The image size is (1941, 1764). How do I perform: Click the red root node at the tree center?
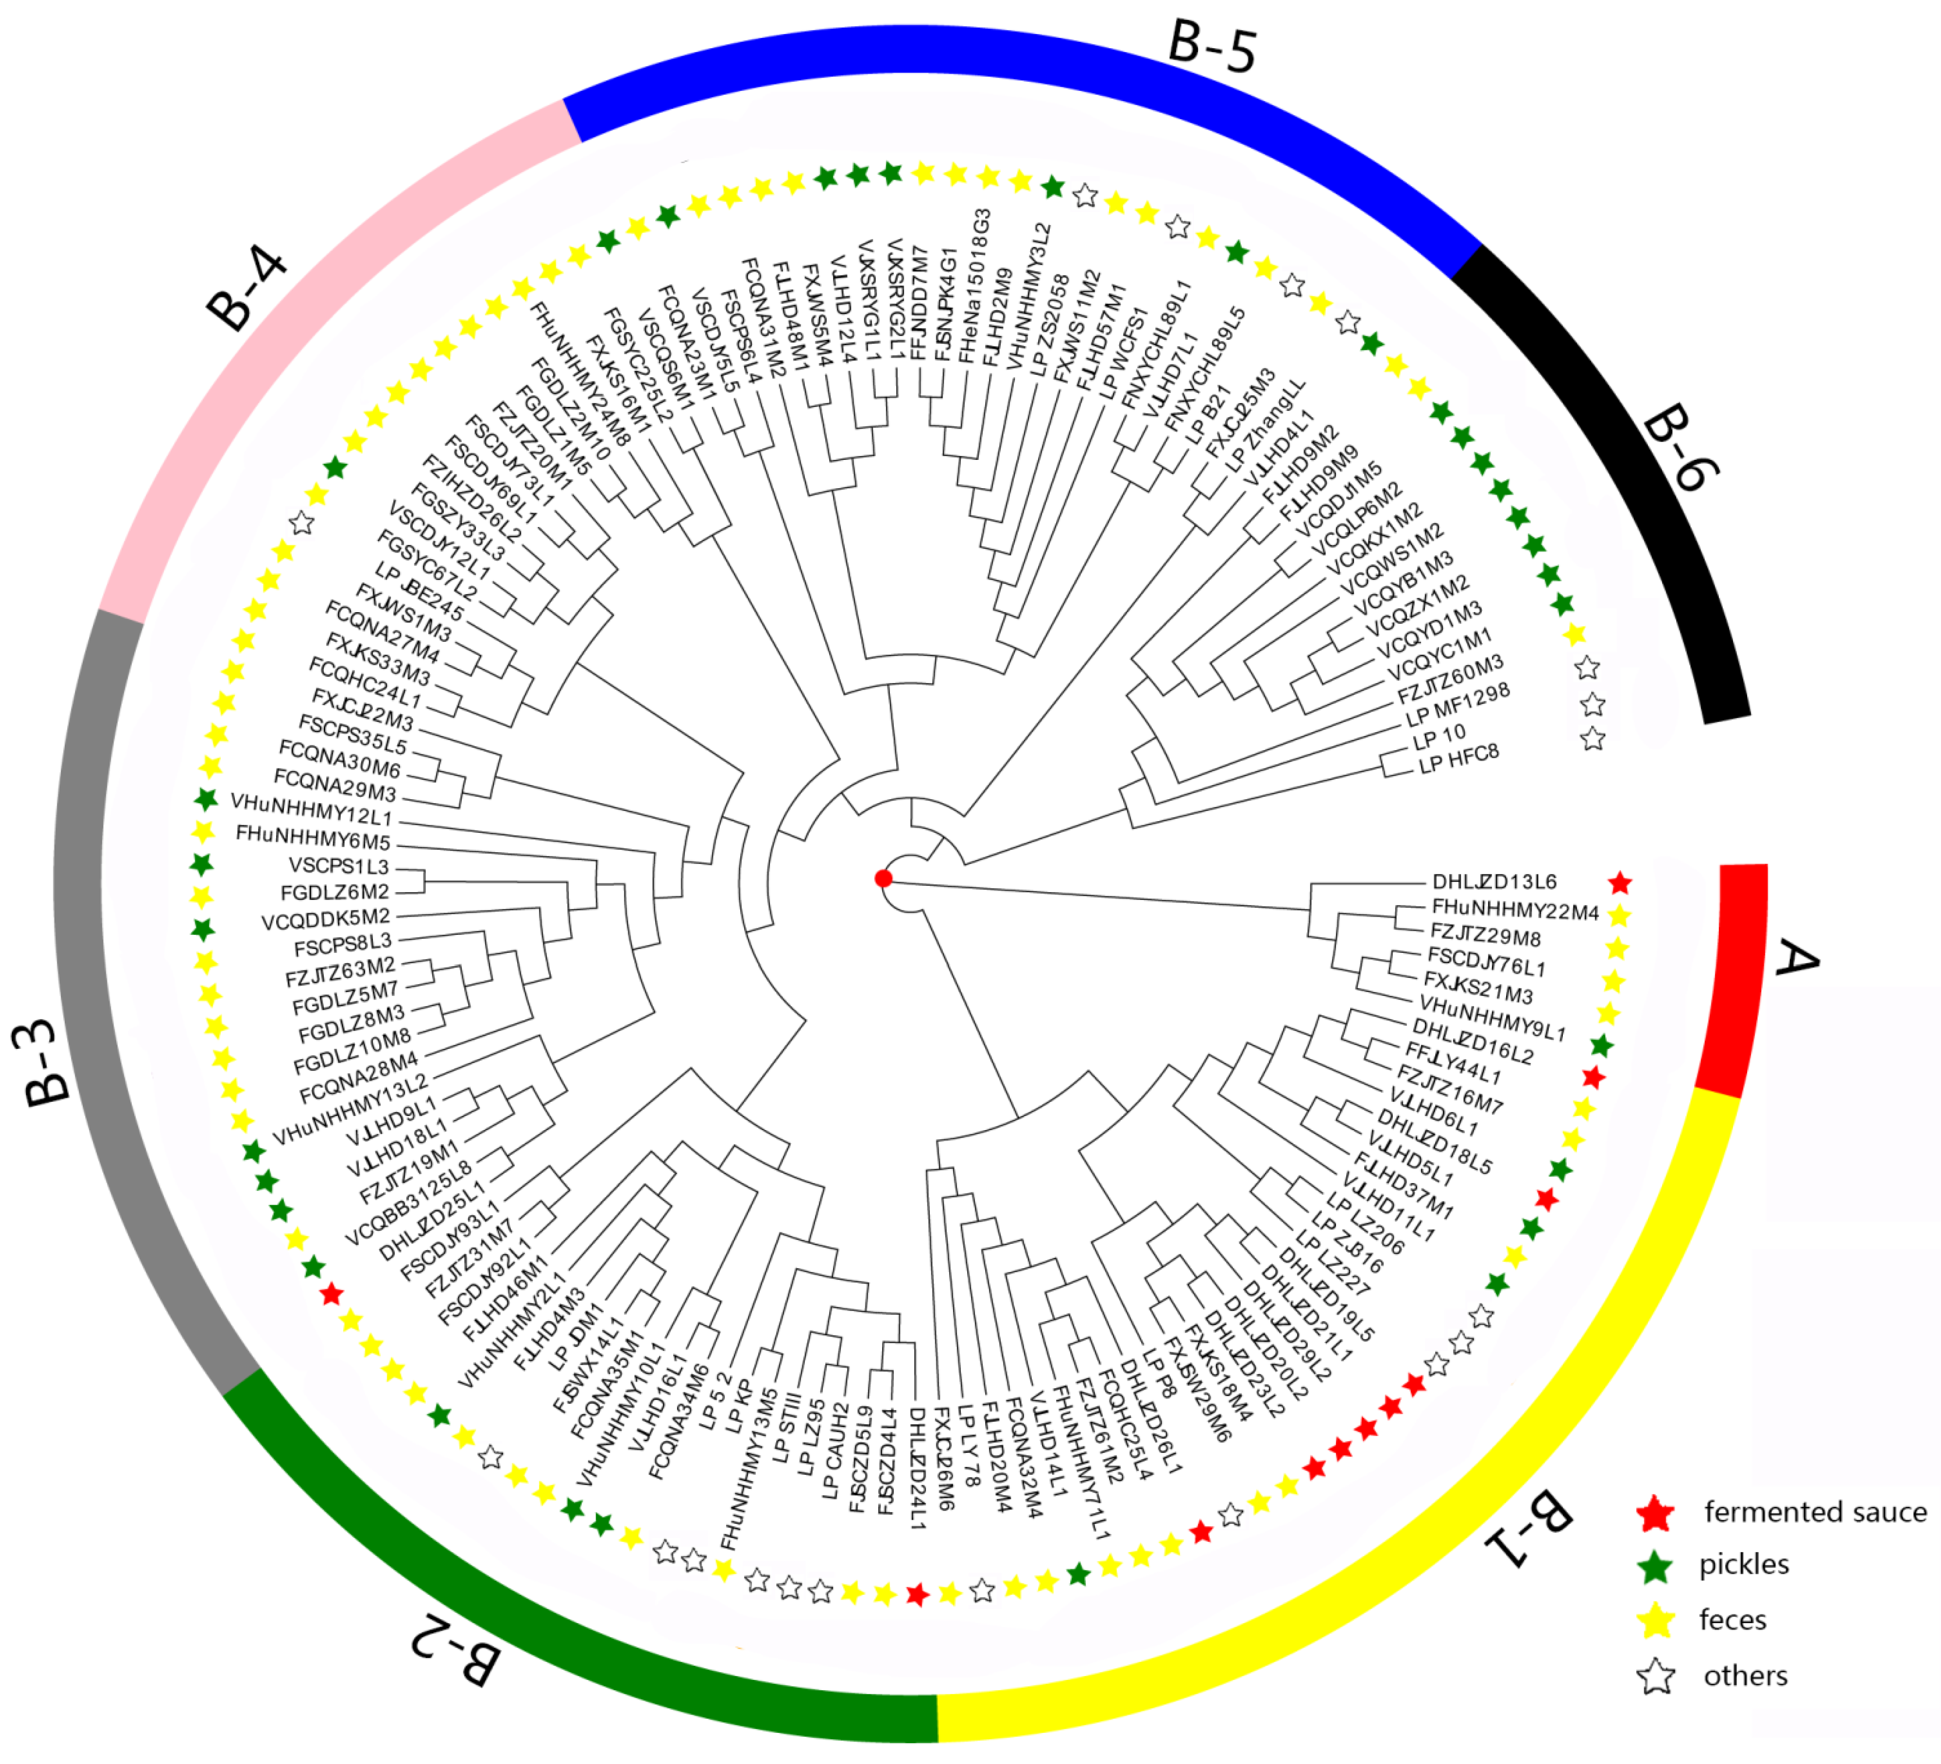(883, 878)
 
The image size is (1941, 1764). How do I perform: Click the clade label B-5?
(1212, 46)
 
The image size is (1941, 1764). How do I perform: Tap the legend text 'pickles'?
(1743, 1565)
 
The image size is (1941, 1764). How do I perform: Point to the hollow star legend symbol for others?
(1656, 1677)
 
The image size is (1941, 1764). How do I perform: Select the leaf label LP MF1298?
(1458, 706)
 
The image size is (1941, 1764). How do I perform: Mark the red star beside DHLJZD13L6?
(1620, 882)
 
